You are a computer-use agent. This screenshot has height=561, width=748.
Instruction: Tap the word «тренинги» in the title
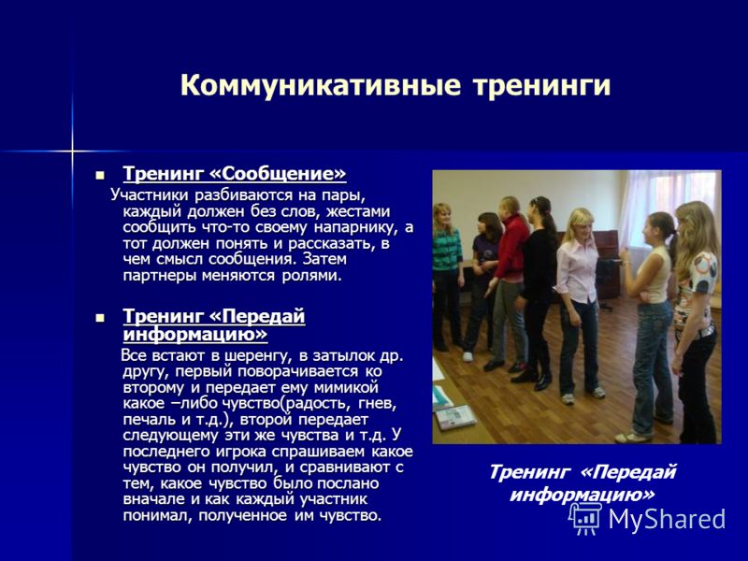(x=541, y=86)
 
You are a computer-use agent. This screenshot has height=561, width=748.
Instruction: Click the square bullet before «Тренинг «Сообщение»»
(x=99, y=174)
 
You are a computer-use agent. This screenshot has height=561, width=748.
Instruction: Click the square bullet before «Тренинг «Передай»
(x=99, y=317)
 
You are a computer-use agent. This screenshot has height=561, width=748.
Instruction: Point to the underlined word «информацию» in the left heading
(x=195, y=334)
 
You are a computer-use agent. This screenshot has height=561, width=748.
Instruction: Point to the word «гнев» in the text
(x=378, y=404)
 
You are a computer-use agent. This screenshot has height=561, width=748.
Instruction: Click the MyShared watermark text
(x=667, y=519)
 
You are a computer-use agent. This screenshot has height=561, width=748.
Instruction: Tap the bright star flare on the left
(x=72, y=151)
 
